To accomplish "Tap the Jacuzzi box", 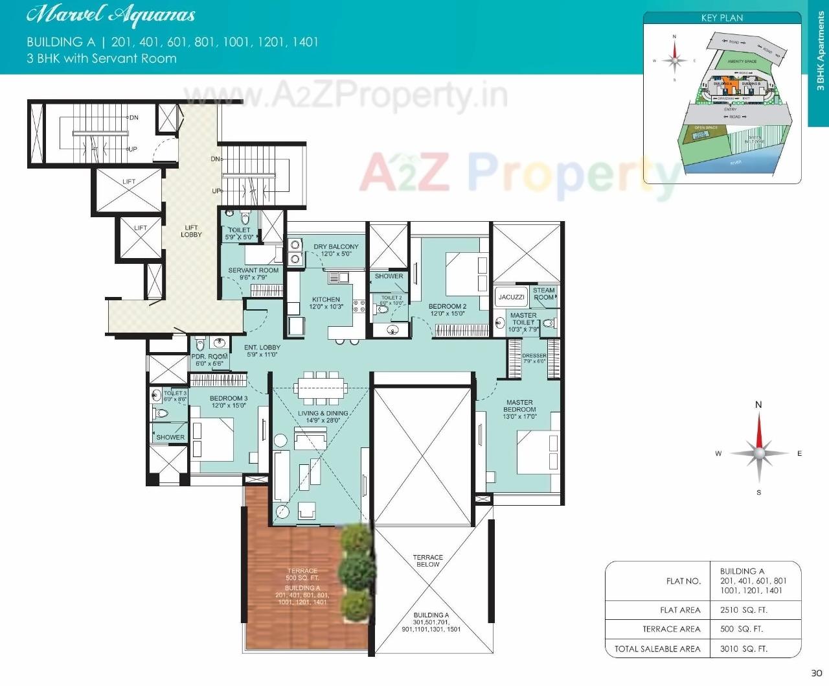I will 511,297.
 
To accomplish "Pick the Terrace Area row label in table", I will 671,629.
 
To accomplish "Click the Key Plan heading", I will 721,18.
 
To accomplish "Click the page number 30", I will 816,672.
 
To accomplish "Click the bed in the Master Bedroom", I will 537,451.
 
